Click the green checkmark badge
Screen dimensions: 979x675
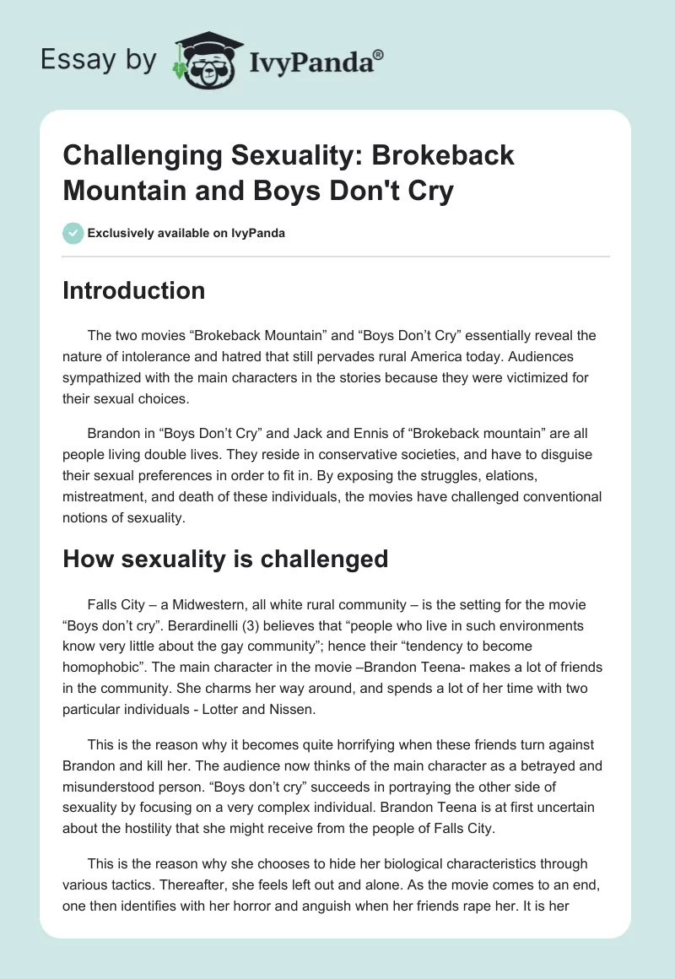coord(73,233)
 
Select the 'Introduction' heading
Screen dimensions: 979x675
coord(134,290)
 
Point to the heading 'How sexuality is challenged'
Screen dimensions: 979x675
coord(225,559)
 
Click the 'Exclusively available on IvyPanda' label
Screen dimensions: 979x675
coord(186,234)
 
